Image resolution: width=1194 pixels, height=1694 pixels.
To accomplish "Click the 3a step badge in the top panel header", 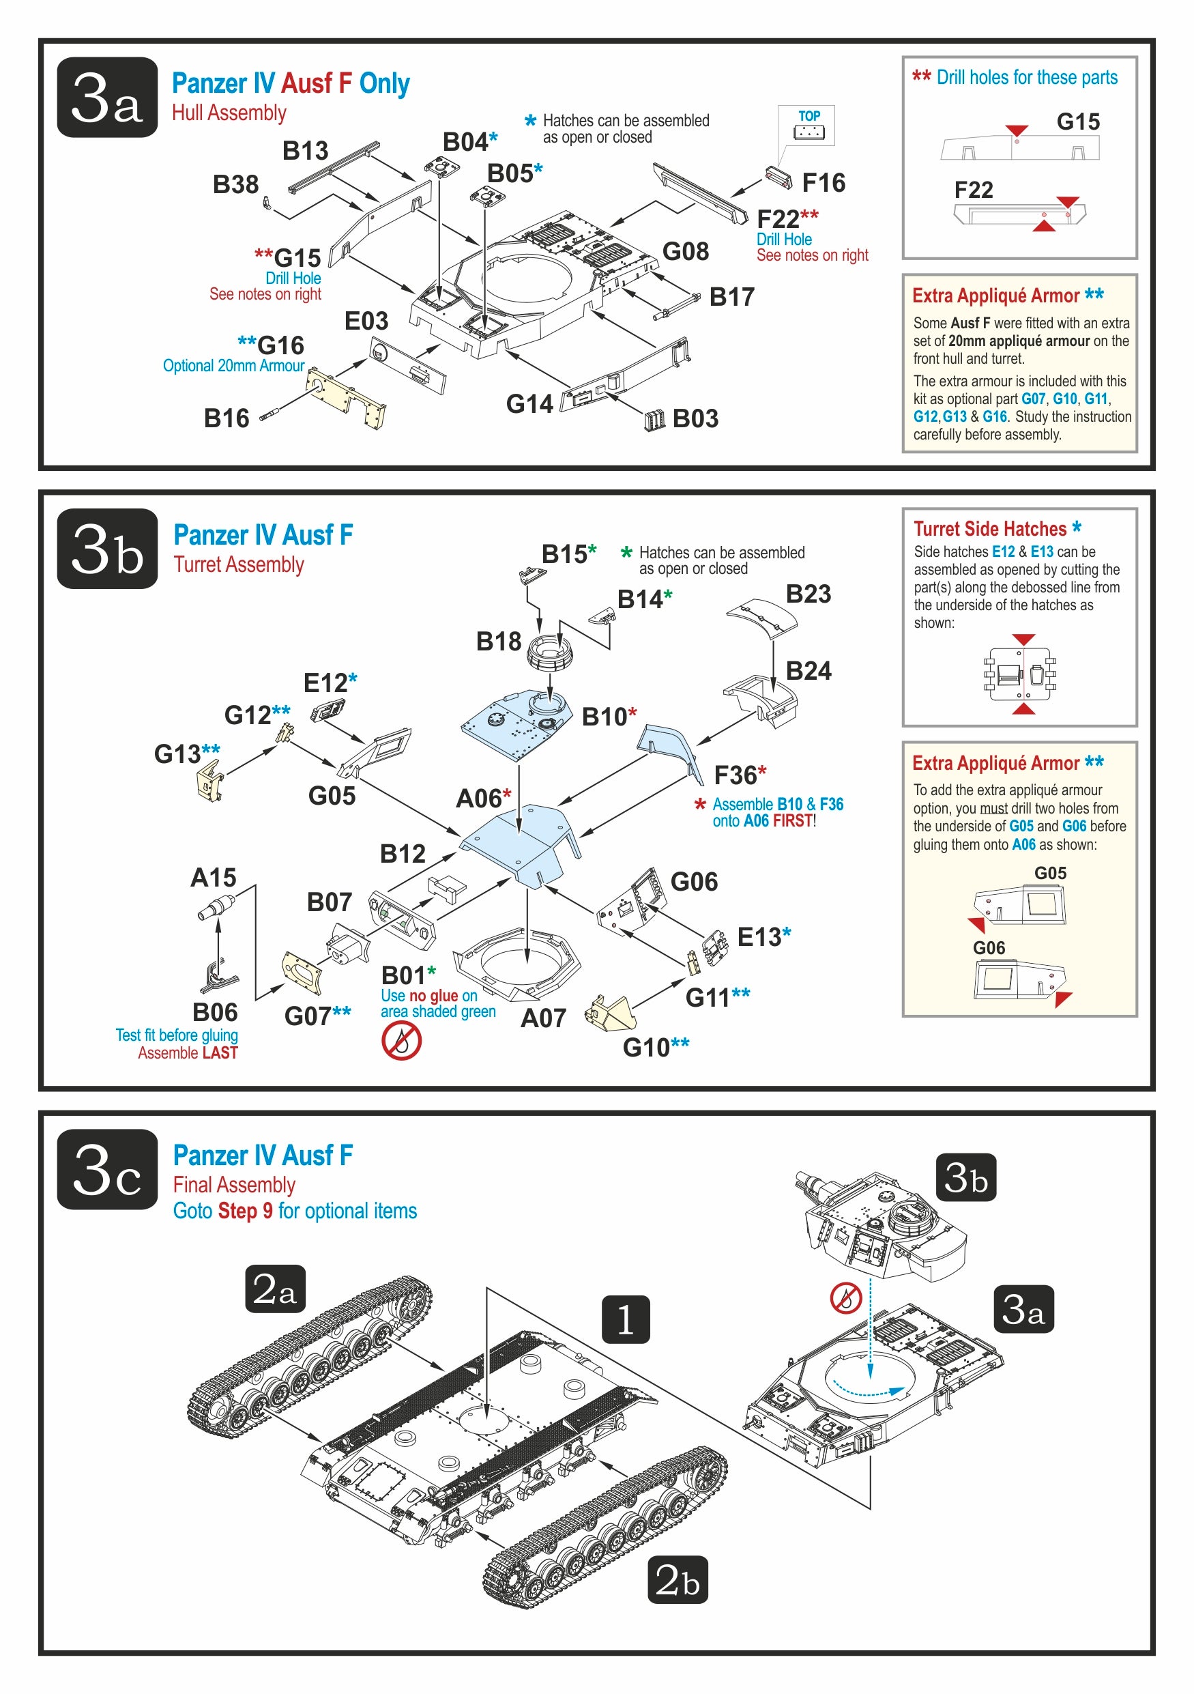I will coord(107,98).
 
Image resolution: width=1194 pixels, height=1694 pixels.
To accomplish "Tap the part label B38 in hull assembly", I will coord(235,184).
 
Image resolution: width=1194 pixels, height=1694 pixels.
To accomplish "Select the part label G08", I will coord(685,252).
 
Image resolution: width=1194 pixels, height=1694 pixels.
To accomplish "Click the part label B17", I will coord(731,297).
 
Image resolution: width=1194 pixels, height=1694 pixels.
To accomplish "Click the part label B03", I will coord(695,418).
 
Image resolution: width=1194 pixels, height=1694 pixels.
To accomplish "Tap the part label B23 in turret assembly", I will coord(808,594).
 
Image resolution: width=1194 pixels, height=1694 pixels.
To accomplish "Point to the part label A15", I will coord(213,877).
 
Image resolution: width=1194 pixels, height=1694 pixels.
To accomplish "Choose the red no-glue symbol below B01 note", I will coord(401,1041).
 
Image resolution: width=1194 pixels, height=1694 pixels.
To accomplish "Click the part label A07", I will coord(543,1018).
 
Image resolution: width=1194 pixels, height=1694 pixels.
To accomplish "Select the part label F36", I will coord(736,775).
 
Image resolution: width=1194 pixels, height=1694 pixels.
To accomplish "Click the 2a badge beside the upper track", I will coord(275,1290).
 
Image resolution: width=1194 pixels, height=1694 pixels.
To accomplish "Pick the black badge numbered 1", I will coord(626,1320).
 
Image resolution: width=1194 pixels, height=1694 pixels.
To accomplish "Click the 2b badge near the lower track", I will coord(677,1579).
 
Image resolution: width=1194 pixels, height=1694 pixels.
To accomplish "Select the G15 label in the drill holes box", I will coord(1077,121).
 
